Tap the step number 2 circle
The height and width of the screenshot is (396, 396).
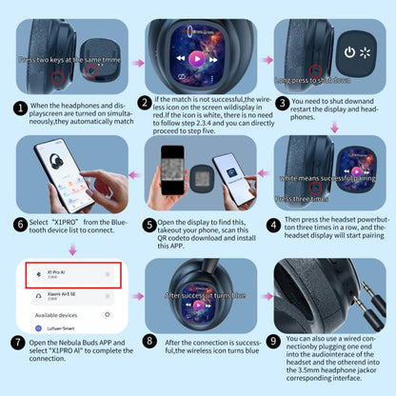(145, 102)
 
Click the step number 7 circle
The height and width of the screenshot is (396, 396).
(19, 343)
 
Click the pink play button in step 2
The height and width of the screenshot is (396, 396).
(197, 57)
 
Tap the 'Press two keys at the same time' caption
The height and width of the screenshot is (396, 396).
(64, 60)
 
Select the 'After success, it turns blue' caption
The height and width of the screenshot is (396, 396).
(197, 295)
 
